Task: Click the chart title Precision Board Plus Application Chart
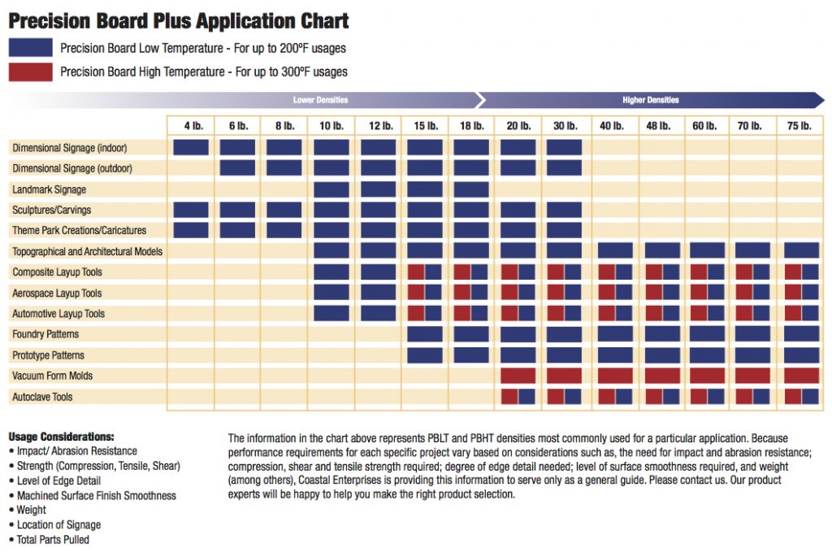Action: [x=179, y=20]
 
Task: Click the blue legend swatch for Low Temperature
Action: [x=31, y=48]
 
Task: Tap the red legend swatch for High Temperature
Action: [x=31, y=72]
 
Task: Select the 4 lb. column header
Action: [x=191, y=126]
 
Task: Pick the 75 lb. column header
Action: [x=800, y=126]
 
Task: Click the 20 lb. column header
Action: [x=518, y=126]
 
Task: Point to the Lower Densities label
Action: [x=320, y=100]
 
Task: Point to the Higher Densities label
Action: [x=650, y=100]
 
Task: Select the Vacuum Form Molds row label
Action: [x=52, y=376]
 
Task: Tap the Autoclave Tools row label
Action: [x=42, y=397]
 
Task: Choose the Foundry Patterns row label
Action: [x=45, y=334]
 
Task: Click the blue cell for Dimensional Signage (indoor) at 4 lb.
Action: [x=191, y=147]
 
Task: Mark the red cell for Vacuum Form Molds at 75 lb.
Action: [x=801, y=376]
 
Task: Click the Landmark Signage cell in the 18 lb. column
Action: [x=471, y=189]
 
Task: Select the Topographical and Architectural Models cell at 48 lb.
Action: [x=662, y=250]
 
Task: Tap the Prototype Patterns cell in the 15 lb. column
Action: [x=425, y=355]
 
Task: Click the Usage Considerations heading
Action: [x=61, y=437]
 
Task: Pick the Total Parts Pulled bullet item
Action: [x=53, y=540]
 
